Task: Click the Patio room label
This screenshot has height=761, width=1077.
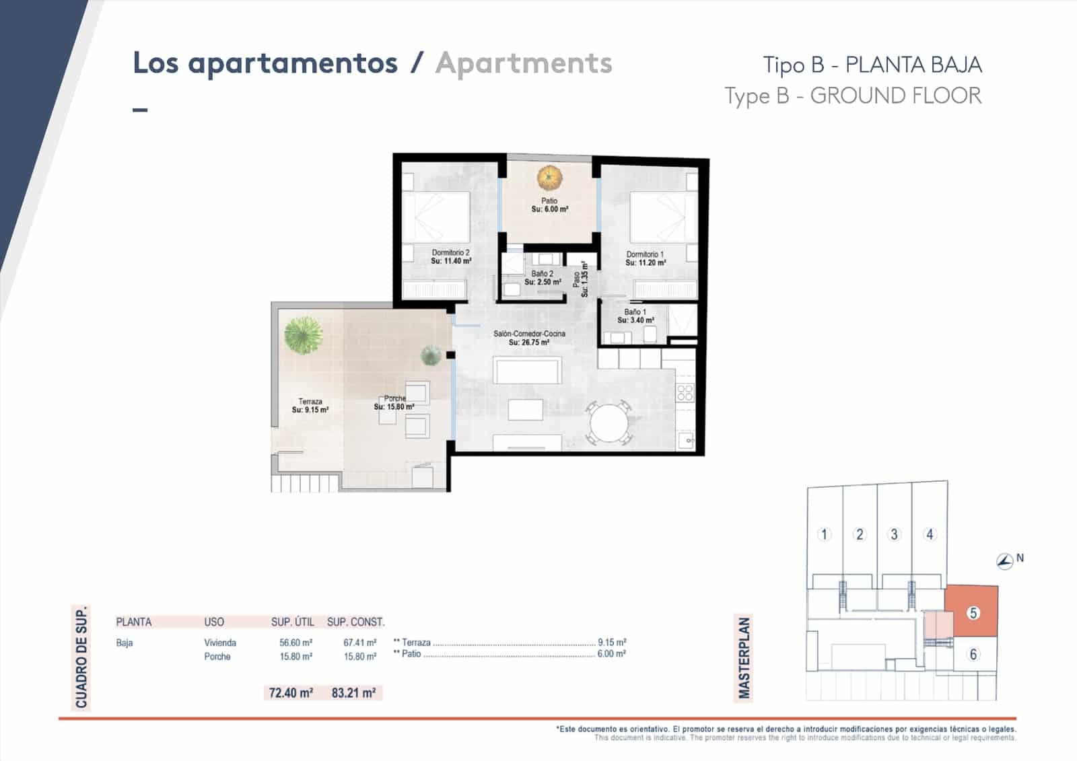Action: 549,201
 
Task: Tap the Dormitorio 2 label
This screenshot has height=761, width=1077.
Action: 450,252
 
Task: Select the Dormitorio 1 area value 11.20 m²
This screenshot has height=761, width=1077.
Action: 645,263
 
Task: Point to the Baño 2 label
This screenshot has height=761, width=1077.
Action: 542,274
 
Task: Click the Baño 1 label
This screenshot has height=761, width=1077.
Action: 635,312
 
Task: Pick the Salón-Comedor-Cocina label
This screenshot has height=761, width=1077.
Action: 529,334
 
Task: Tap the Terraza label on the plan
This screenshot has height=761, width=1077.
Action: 310,401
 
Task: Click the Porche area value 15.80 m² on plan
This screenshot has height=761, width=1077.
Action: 394,407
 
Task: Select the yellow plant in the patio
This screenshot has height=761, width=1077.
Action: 549,178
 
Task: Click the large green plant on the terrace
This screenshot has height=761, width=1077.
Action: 303,334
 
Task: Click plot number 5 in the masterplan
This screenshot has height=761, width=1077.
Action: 973,613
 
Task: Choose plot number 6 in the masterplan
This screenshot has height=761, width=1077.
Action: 973,654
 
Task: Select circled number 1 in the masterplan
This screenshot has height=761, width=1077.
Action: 824,534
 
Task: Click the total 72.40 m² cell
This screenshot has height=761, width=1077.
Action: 291,692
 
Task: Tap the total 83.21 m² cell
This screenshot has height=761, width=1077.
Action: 353,692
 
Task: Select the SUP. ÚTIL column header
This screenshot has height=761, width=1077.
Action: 293,622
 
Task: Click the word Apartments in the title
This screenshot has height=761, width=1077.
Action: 524,63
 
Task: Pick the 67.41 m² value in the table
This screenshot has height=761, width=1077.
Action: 359,643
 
